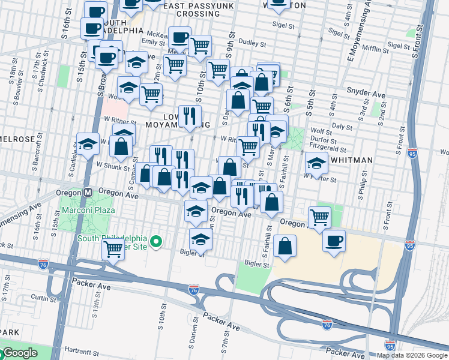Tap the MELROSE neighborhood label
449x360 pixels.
(17, 139)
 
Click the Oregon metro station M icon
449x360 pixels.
(87, 193)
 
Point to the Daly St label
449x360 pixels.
(342, 127)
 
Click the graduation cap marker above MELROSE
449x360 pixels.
(88, 143)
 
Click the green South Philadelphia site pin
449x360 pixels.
(156, 242)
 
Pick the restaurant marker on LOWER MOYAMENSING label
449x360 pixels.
(190, 116)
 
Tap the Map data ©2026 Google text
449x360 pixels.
(412, 355)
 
